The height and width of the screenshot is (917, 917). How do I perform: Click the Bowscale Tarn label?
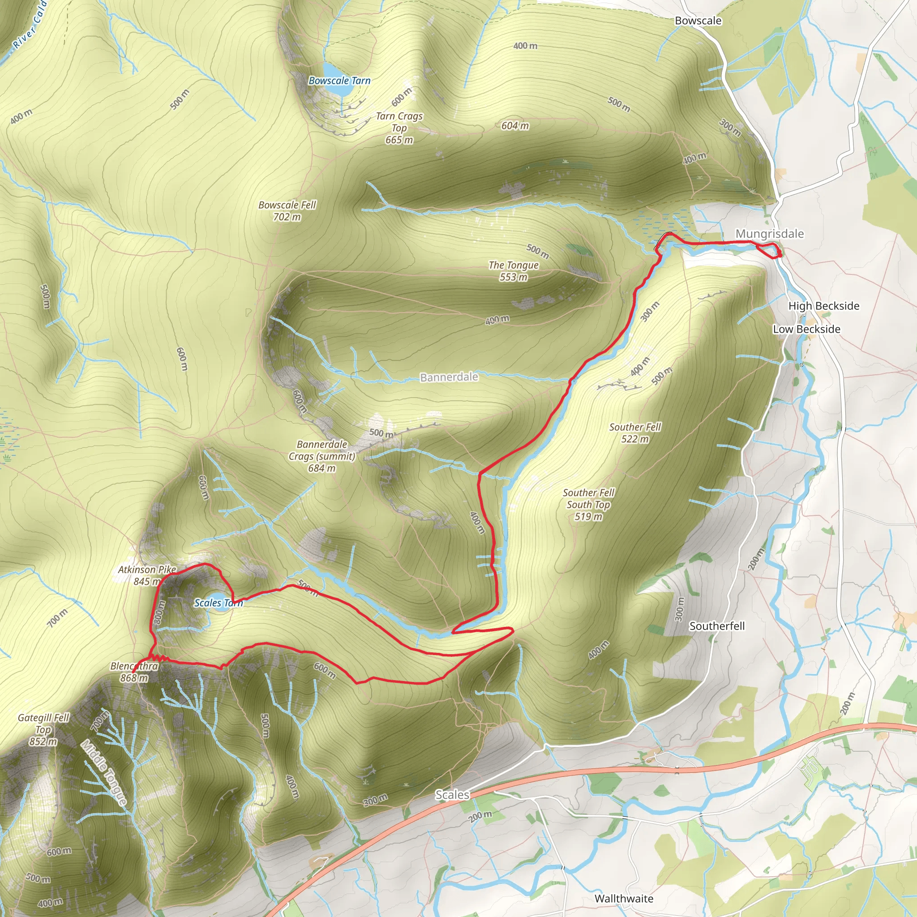[x=339, y=81]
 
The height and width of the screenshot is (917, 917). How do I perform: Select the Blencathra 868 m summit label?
[x=134, y=672]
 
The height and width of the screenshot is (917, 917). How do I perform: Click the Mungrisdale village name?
[x=769, y=234]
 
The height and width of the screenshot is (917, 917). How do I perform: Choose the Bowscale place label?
[x=698, y=21]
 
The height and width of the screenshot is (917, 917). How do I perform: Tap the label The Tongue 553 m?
[x=514, y=271]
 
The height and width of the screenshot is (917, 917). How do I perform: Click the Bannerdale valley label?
[x=449, y=377]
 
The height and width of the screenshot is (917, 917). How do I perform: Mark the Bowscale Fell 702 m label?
[x=287, y=211]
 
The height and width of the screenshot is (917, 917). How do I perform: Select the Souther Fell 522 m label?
[x=635, y=433]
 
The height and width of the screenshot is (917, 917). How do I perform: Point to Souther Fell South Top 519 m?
[x=588, y=505]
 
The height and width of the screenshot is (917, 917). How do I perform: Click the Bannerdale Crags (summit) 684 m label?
[x=322, y=456]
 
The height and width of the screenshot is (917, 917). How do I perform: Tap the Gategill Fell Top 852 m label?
[x=43, y=729]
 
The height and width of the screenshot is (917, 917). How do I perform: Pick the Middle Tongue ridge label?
[x=104, y=772]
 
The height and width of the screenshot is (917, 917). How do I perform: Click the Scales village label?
[x=452, y=795]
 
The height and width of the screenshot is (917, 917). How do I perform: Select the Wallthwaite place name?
[x=624, y=899]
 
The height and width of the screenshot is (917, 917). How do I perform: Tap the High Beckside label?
[x=823, y=306]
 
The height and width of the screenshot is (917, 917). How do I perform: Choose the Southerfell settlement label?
[x=717, y=626]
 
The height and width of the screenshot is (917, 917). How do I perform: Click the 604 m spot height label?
[x=515, y=126]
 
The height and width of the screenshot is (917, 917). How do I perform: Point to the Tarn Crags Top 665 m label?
[x=399, y=128]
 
